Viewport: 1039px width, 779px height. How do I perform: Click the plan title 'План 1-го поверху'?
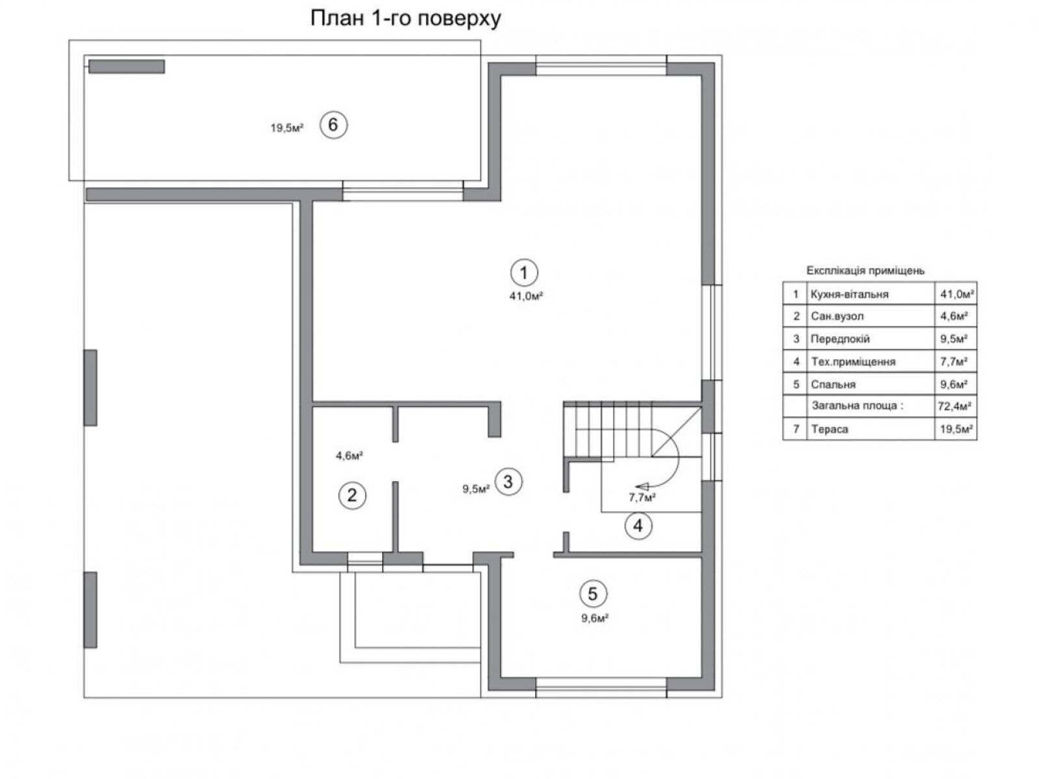point(405,19)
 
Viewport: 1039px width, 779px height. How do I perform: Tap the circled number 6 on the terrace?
point(333,125)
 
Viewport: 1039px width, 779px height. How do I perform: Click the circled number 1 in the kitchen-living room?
point(523,273)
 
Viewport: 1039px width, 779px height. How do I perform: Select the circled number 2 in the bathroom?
point(352,495)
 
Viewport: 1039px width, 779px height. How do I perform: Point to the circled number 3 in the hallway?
point(508,482)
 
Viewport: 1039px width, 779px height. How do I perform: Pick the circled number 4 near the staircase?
point(638,525)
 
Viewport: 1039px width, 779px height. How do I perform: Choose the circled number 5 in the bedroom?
point(593,593)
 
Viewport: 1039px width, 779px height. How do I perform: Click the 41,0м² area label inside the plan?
point(525,296)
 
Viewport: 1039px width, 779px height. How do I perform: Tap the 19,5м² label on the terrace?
point(286,128)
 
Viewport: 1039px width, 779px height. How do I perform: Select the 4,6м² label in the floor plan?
point(349,456)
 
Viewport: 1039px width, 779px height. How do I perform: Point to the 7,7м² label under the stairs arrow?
point(642,497)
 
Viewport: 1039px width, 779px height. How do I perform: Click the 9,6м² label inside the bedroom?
point(595,618)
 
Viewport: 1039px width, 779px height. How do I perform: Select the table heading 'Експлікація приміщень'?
point(865,271)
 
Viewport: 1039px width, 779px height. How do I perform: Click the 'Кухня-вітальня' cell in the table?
point(849,294)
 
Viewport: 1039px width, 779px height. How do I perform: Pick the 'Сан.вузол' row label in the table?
point(837,316)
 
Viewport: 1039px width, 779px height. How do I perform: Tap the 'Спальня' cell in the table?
point(833,384)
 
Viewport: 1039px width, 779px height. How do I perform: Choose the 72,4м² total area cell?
point(955,406)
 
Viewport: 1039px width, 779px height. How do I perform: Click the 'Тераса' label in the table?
point(829,429)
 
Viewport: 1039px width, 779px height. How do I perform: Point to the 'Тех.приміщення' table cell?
point(853,362)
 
